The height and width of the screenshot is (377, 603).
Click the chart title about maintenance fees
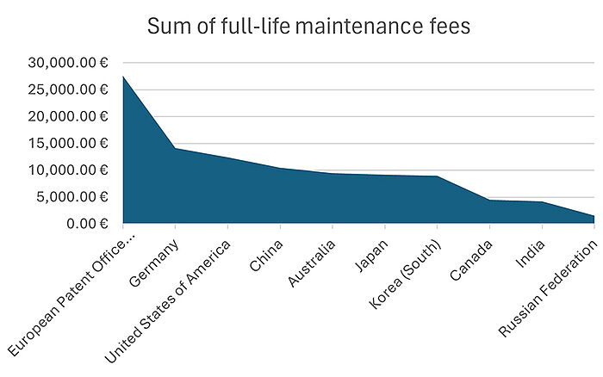point(308,27)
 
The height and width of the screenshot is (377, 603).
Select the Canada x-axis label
point(471,256)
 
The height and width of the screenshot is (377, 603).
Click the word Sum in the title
point(166,27)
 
